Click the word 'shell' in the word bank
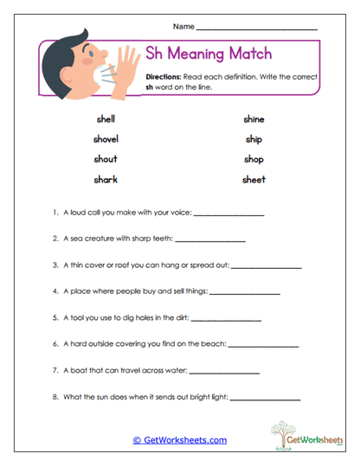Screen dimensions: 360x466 click(x=106, y=119)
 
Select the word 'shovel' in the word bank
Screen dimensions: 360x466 click(x=106, y=139)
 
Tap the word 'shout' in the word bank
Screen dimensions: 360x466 click(x=106, y=159)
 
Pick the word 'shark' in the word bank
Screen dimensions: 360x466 click(x=106, y=179)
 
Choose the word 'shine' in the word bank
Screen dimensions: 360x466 click(x=254, y=119)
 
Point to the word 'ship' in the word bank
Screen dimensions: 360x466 click(x=254, y=139)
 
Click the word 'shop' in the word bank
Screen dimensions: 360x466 click(x=254, y=159)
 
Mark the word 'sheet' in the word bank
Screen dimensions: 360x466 click(x=254, y=179)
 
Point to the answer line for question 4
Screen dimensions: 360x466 click(x=245, y=295)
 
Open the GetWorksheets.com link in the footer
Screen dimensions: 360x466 click(x=180, y=440)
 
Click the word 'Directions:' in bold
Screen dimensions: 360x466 click(x=164, y=77)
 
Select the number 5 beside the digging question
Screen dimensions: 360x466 click(x=55, y=317)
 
